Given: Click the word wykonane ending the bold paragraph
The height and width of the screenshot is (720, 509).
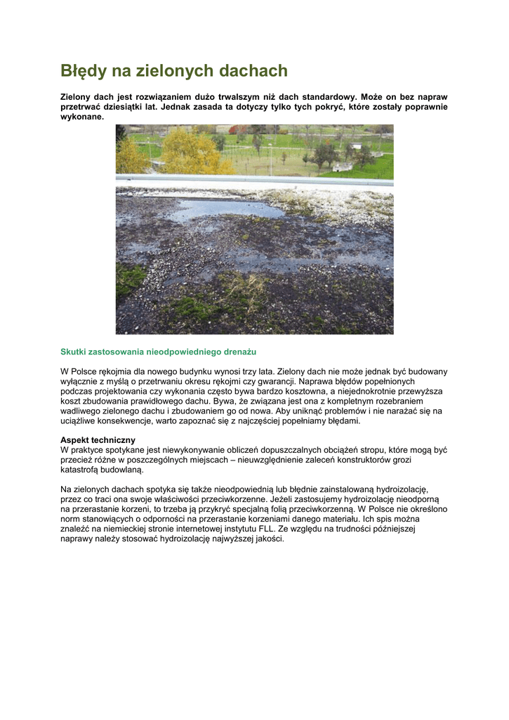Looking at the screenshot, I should [x=82, y=117].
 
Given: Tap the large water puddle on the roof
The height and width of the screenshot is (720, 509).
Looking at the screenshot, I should [x=225, y=209].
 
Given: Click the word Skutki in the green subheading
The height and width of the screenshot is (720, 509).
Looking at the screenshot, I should [x=74, y=351].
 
